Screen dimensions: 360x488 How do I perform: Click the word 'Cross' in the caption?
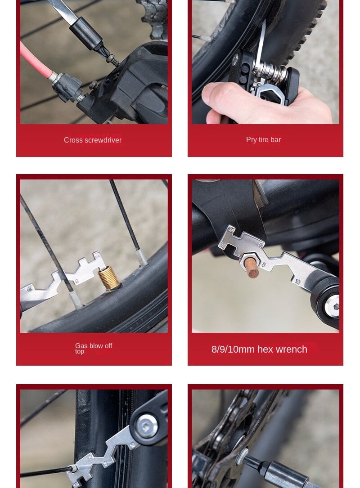[x=73, y=140]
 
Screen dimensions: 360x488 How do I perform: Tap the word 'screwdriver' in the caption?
[x=103, y=140]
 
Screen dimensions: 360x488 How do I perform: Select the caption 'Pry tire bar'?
[x=263, y=140]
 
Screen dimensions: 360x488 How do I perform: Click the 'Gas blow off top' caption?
[x=94, y=348]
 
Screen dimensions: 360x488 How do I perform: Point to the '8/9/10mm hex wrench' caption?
[x=259, y=349]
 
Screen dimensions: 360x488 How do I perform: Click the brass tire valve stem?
[x=109, y=278]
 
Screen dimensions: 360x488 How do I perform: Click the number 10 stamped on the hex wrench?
[x=297, y=282]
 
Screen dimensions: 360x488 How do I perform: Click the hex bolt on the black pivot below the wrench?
[x=332, y=306]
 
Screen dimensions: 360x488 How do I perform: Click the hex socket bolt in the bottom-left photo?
[x=147, y=426]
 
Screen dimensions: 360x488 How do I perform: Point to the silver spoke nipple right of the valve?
[x=141, y=257]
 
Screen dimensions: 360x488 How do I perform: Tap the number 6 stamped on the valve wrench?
[x=77, y=282]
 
